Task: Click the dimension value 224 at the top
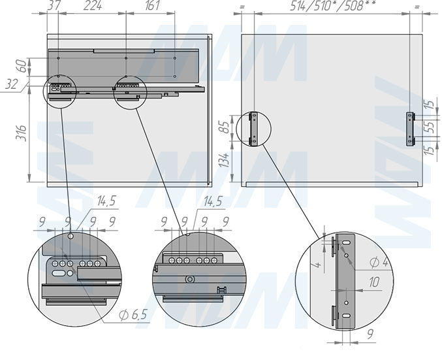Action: pos(93,5)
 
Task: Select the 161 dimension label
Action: pos(153,5)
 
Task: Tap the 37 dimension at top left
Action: pos(54,5)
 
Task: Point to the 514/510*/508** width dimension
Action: pos(333,5)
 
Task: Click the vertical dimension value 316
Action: pos(21,133)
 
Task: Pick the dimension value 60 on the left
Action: pos(23,66)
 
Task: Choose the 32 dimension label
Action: pos(12,84)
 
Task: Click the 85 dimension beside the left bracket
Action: pos(225,127)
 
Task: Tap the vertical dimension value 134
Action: pos(225,160)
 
